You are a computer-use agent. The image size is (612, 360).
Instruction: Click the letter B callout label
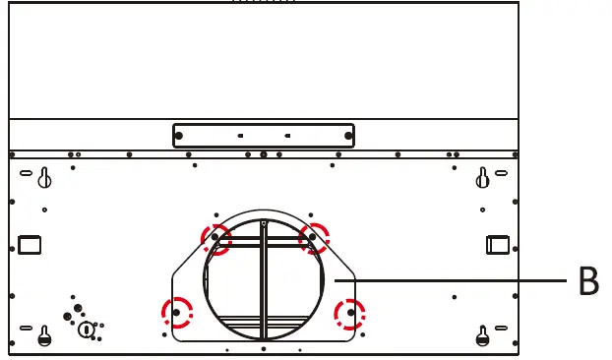click(588, 281)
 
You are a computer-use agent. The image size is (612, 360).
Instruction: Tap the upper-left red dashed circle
click(215, 237)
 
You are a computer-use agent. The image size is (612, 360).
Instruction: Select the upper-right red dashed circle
click(314, 237)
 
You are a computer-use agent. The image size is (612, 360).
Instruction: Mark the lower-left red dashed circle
click(177, 313)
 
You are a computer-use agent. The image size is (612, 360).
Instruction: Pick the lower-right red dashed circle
click(349, 314)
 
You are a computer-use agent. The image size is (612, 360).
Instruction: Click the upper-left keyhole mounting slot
click(44, 178)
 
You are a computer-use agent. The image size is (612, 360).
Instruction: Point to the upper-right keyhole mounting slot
click(482, 178)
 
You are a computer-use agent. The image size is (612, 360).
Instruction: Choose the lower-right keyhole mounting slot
click(482, 335)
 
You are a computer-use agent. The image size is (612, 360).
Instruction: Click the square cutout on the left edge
click(30, 243)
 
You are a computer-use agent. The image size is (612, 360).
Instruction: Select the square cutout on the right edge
click(497, 243)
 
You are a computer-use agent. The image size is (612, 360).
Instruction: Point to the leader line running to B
click(453, 281)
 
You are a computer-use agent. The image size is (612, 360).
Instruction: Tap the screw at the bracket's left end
click(179, 136)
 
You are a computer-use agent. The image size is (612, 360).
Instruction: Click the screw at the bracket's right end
click(348, 136)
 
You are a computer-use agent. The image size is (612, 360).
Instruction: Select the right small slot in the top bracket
click(286, 136)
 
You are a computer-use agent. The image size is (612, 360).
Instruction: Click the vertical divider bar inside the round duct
click(264, 285)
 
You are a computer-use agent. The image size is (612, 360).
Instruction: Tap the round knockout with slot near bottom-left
click(86, 329)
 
